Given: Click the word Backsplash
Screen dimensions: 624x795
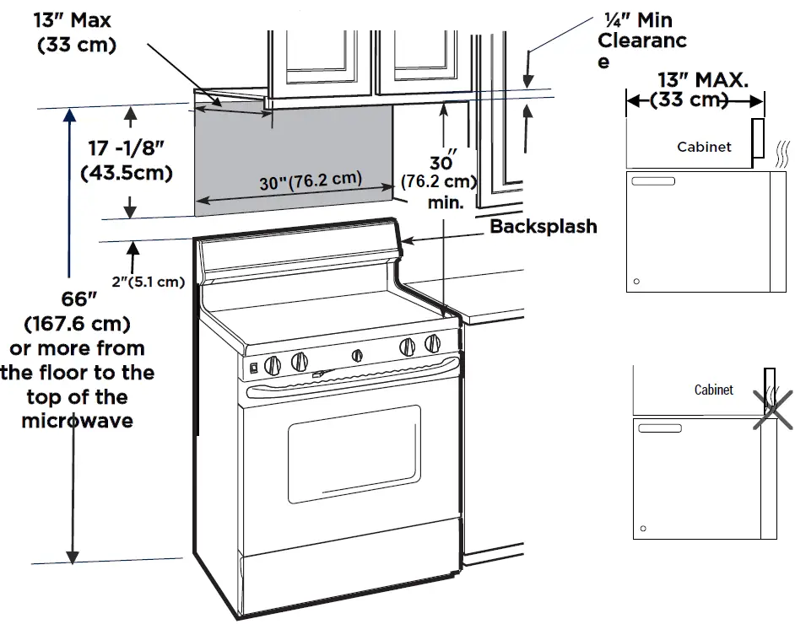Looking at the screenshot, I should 543,226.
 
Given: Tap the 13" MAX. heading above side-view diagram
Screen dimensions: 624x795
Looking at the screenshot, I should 702,80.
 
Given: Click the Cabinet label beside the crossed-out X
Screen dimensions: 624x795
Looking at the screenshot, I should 713,390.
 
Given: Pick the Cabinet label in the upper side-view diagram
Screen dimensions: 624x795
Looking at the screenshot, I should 704,147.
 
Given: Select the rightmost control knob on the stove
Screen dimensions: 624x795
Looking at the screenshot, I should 433,343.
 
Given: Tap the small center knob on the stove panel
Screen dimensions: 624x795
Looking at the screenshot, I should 357,355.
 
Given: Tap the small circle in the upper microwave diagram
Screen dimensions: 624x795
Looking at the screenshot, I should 636,281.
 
